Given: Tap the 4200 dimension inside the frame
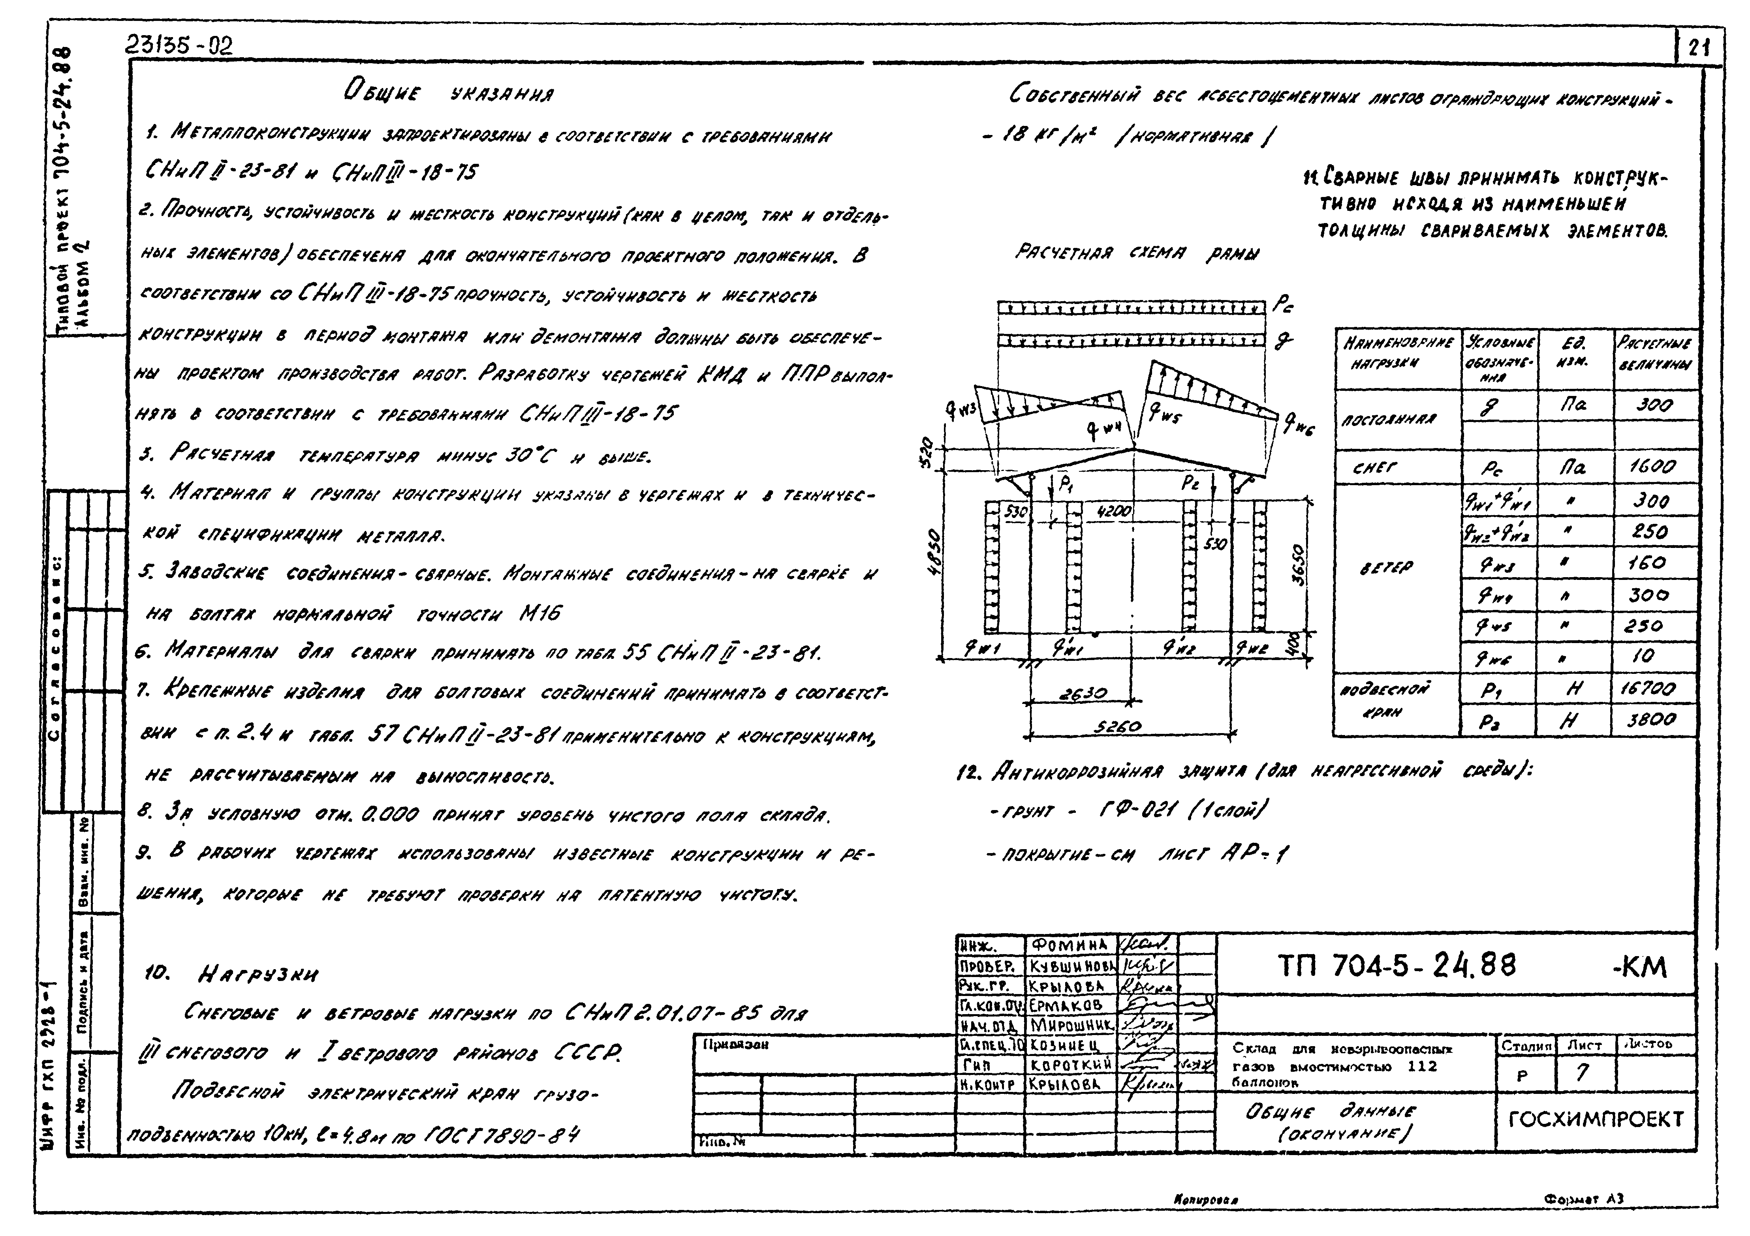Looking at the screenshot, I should (1114, 513).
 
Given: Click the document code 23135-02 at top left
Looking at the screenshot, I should (179, 47).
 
